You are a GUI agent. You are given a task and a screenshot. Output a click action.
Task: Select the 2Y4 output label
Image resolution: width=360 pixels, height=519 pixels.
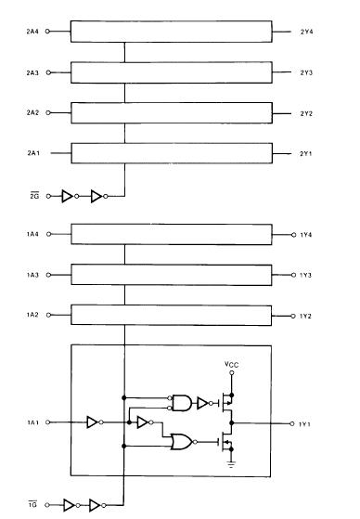(x=306, y=32)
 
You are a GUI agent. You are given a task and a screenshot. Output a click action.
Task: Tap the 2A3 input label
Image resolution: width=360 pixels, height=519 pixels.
(x=32, y=71)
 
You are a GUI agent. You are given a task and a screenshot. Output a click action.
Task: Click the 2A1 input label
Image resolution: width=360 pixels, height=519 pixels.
(x=32, y=153)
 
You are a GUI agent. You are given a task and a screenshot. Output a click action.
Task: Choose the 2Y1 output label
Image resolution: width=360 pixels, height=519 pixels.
(x=306, y=153)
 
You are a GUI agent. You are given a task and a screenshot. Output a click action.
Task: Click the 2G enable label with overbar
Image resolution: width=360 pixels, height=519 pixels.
(x=32, y=195)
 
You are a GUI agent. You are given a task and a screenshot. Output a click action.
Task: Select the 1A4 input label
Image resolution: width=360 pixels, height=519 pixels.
(x=32, y=235)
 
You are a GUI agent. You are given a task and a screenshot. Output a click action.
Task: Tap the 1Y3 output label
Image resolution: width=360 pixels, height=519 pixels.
(x=306, y=275)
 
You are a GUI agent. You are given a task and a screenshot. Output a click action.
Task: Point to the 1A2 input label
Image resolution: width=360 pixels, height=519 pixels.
(x=32, y=315)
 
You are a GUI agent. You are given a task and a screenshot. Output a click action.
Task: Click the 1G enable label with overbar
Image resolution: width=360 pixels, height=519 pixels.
(x=32, y=506)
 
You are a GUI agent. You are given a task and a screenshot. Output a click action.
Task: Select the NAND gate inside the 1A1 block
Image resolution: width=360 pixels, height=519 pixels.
(x=184, y=402)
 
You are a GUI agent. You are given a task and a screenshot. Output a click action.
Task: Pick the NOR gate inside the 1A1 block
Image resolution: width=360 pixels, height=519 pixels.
(x=183, y=443)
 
